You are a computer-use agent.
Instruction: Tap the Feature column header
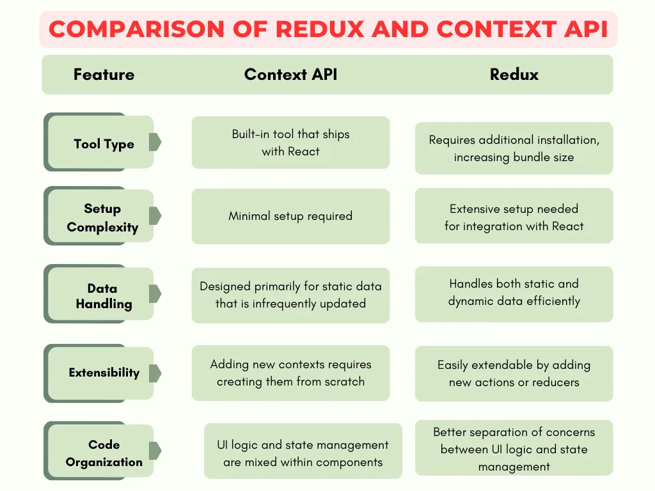tap(104, 74)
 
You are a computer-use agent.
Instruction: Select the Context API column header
tap(290, 74)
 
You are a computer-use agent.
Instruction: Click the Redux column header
tap(514, 74)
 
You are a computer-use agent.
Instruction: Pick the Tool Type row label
tap(104, 144)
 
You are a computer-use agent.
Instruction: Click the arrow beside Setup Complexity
tap(155, 217)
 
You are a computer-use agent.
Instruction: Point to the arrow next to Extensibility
tap(155, 373)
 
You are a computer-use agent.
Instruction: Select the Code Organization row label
tap(104, 453)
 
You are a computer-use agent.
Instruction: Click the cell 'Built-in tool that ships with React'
tap(290, 143)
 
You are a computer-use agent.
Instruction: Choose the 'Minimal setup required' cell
tap(290, 216)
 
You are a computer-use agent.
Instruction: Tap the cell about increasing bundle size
tap(514, 148)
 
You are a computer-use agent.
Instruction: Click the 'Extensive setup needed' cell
tap(514, 217)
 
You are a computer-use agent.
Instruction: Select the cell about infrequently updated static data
tap(290, 295)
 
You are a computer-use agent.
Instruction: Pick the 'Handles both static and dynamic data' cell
tap(514, 292)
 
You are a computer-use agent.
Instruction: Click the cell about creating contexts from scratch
tap(290, 373)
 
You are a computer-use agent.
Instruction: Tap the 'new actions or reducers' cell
tap(514, 373)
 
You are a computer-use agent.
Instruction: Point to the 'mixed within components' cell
tap(303, 453)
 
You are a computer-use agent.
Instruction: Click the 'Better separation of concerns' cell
tap(514, 449)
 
